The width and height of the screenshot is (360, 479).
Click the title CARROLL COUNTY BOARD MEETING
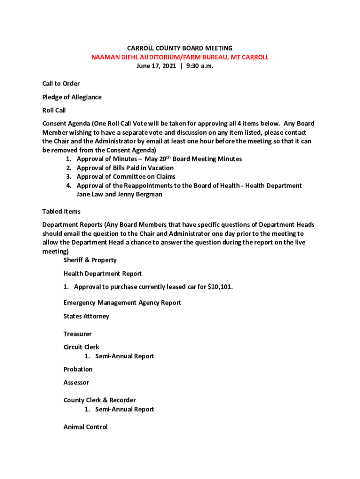coord(180,48)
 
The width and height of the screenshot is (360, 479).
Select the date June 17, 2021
coord(156,66)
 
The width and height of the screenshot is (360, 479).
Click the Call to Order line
coord(61,84)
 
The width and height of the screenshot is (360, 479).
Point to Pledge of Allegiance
coord(72,97)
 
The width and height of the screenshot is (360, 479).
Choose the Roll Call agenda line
coord(54,110)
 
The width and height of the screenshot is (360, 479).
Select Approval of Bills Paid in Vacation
coord(125,168)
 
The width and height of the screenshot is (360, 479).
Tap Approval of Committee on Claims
coord(126,177)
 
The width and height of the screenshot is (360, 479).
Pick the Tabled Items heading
coord(61,212)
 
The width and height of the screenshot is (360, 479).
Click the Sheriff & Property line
coord(90,260)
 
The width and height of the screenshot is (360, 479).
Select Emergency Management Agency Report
coord(122,303)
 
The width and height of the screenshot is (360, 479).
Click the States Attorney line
coord(86,316)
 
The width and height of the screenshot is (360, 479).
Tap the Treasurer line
coord(78,334)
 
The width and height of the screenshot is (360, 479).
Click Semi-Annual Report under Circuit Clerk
coord(124,356)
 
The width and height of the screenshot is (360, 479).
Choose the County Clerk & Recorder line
coord(100,400)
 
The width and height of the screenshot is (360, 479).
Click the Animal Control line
coord(86,427)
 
